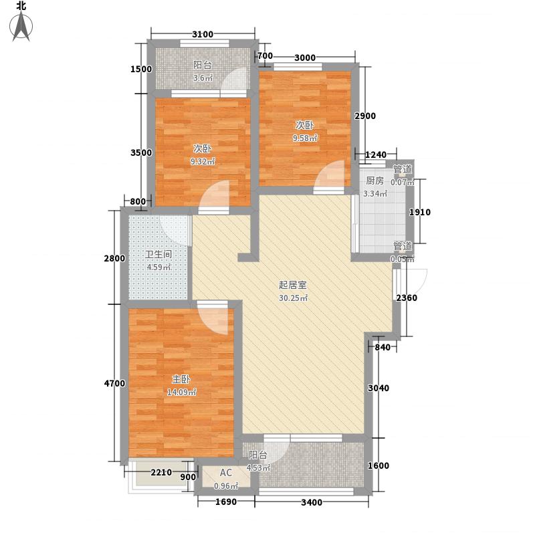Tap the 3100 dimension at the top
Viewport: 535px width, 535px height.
click(203, 35)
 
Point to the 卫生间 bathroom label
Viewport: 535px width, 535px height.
click(159, 254)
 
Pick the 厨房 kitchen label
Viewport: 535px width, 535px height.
click(374, 181)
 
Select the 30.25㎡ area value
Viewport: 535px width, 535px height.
click(293, 298)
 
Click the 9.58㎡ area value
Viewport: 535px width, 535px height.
click(305, 138)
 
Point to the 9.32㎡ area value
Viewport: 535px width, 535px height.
click(203, 162)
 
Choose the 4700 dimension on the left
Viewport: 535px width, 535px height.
click(114, 383)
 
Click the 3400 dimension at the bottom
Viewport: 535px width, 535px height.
click(312, 502)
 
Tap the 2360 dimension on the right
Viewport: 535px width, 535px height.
click(407, 298)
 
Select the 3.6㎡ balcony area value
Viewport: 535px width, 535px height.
click(203, 78)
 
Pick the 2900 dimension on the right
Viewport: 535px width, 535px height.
click(365, 116)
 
